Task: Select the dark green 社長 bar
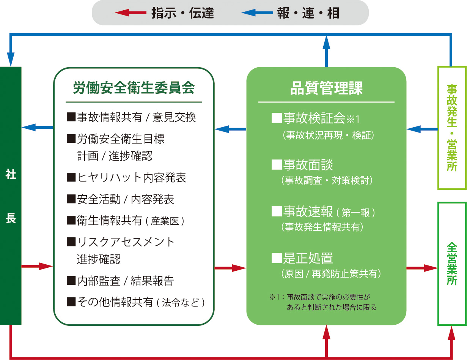pyautogui.click(x=11, y=196)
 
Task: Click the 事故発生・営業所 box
pyautogui.click(x=452, y=128)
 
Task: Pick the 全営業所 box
pyautogui.click(x=452, y=264)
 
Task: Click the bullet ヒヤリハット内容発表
pyautogui.click(x=127, y=177)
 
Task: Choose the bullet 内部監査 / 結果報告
pyautogui.click(x=120, y=281)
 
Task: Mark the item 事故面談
pyautogui.click(x=302, y=165)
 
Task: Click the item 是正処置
pyautogui.click(x=302, y=258)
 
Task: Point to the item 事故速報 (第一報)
pyautogui.click(x=323, y=212)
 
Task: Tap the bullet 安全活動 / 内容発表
pyautogui.click(x=120, y=199)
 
